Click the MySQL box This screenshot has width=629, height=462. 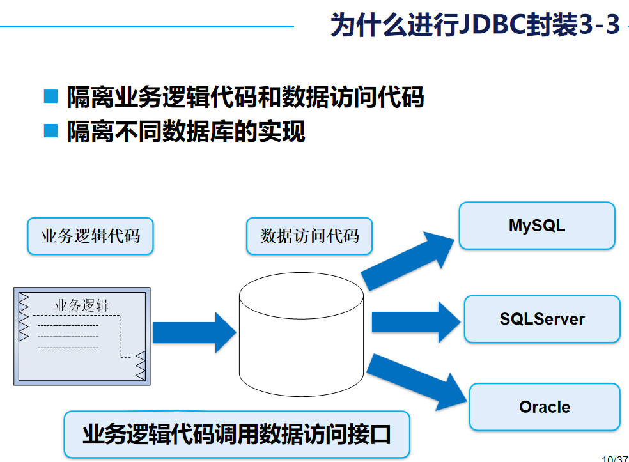click(537, 226)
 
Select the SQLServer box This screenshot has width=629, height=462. click(542, 319)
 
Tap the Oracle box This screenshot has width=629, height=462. click(545, 407)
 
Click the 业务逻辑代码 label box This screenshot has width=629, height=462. click(90, 236)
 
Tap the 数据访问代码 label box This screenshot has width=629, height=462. click(310, 236)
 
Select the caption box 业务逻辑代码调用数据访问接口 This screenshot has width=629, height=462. click(237, 435)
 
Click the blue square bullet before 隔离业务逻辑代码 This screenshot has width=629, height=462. click(50, 98)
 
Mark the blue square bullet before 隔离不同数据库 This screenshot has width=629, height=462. click(50, 132)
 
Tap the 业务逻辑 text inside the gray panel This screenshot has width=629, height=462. click(81, 305)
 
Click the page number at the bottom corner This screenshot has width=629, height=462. click(615, 458)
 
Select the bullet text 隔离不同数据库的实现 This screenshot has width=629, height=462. click(186, 132)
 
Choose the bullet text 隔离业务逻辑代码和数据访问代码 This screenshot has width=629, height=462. click(245, 98)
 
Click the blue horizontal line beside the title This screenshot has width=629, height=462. click(147, 26)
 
